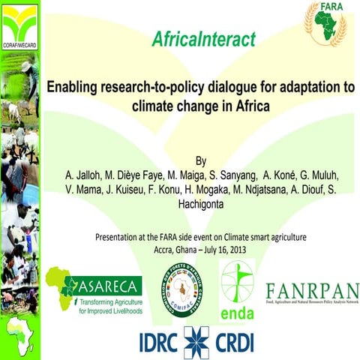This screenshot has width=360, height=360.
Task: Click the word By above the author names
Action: [x=199, y=160]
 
